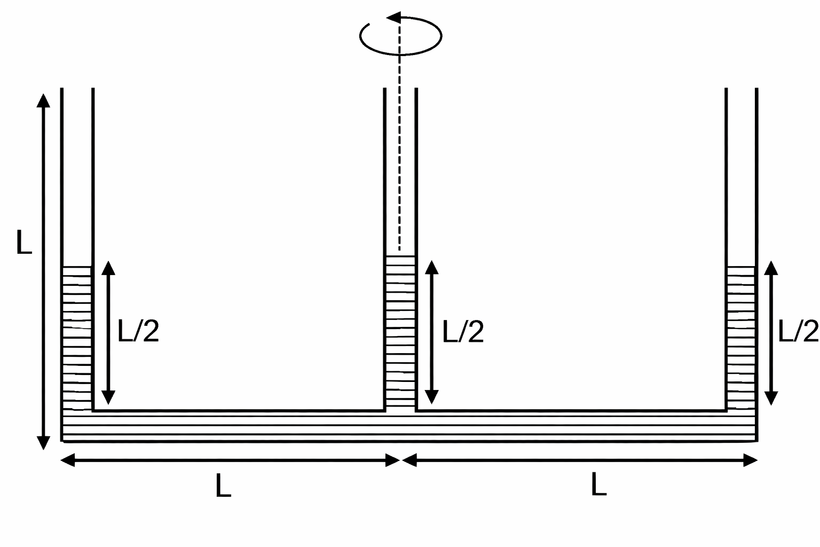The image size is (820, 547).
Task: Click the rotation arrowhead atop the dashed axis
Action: point(393,18)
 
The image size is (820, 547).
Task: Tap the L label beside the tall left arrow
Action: point(24,242)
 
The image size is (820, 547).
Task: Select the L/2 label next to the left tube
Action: point(138,331)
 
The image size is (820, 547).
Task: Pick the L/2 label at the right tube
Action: point(798,331)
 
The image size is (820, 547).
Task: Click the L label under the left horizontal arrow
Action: point(223,485)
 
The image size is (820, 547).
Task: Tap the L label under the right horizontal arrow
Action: point(599,484)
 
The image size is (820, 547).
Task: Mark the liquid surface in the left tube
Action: point(77,267)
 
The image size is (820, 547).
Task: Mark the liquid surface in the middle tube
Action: point(400,256)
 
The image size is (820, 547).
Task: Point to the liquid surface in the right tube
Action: point(742,267)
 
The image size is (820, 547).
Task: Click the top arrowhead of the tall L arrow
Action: point(43,100)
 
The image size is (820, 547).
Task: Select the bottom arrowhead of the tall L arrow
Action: point(43,443)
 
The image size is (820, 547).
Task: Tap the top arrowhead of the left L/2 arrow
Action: point(108,268)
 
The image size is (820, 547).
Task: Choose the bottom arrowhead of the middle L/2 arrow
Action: point(431,397)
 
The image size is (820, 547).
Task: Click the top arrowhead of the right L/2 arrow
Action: point(771,268)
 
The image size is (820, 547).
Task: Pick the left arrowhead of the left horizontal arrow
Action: point(68,460)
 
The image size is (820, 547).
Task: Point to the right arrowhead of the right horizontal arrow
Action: point(751,460)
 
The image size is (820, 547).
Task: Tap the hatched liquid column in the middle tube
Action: point(400,333)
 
